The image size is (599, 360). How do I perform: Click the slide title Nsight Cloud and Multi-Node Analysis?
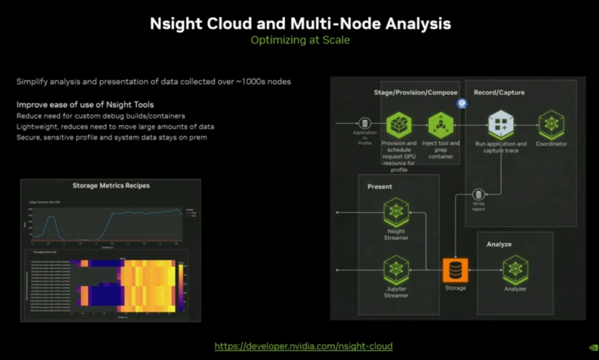[300, 23]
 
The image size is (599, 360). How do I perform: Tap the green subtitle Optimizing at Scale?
[300, 40]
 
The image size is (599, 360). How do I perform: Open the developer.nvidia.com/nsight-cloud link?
[303, 346]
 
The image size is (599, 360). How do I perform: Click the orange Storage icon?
[455, 270]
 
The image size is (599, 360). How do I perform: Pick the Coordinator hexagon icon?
[551, 124]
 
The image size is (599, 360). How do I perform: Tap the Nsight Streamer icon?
[396, 211]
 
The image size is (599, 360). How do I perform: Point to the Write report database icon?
[479, 195]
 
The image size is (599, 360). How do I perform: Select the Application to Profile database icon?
[364, 123]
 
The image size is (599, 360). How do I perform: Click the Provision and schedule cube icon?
[399, 125]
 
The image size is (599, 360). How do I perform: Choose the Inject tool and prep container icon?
[441, 125]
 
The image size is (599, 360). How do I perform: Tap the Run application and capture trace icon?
[501, 124]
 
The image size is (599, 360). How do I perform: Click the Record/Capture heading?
[499, 93]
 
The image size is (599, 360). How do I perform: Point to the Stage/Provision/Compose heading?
[415, 93]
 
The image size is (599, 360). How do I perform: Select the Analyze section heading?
[499, 244]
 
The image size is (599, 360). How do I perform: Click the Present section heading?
[380, 186]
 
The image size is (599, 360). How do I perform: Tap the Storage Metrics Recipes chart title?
[111, 186]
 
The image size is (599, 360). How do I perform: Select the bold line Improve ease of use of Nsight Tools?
[85, 105]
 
